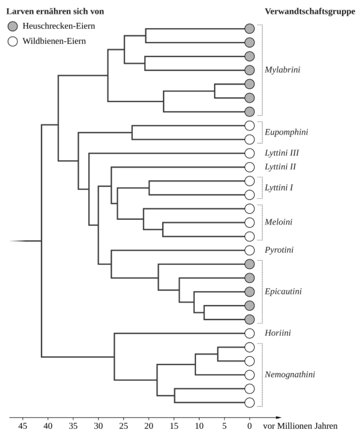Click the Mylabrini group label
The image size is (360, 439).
282,70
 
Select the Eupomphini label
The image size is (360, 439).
286,132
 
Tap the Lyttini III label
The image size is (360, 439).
282,153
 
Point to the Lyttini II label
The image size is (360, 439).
281,167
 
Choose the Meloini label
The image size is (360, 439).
278,222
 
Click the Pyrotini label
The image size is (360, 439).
279,250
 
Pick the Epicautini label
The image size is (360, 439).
283,291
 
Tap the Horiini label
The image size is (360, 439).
278,333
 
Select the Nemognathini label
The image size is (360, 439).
290,375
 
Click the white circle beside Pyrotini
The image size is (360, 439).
249,250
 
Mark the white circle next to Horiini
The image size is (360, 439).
249,333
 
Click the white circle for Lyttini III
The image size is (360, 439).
249,153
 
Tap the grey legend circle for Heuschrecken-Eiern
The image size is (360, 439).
13,26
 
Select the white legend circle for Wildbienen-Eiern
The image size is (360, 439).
13,41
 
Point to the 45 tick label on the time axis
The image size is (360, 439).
23,426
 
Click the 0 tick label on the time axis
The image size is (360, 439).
249,426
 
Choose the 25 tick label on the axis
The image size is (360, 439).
124,426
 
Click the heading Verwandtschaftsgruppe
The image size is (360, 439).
310,11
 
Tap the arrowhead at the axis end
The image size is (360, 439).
278,417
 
